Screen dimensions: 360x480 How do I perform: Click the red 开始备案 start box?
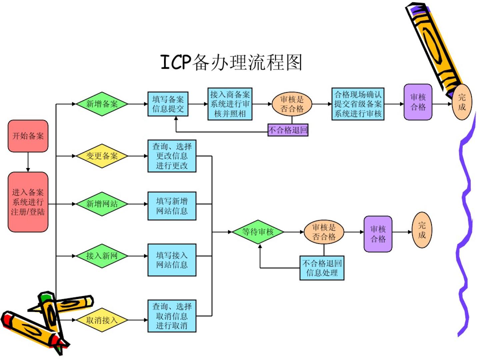[x=28, y=136]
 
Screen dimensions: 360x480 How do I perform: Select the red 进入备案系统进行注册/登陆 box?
[x=28, y=202]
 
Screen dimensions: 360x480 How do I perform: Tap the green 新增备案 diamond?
[x=102, y=104]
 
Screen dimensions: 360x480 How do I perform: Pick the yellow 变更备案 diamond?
[x=102, y=156]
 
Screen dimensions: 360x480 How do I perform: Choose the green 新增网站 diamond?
[x=102, y=204]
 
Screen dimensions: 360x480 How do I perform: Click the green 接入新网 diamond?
[x=102, y=256]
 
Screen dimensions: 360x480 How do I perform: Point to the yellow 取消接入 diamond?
[x=102, y=320]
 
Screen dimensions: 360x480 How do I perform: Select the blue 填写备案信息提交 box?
[x=168, y=104]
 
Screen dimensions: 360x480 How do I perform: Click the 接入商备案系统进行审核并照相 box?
[x=230, y=104]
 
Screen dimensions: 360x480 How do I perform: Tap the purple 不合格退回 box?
[x=288, y=130]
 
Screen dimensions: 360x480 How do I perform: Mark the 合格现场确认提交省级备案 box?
[x=358, y=104]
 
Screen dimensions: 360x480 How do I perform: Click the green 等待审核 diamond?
[x=258, y=232]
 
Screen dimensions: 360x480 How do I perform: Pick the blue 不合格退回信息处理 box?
[x=322, y=268]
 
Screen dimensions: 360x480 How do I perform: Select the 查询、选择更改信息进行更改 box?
[x=172, y=156]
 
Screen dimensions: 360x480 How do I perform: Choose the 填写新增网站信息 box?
[x=172, y=206]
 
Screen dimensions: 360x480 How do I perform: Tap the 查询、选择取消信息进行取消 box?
[x=172, y=316]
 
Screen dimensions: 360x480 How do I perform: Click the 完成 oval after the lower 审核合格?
[x=422, y=230]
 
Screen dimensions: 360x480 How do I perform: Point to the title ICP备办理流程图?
[x=231, y=63]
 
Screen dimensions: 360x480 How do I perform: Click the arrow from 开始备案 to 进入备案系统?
[x=28, y=162]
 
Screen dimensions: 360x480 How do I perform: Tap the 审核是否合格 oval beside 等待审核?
[x=324, y=232]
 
